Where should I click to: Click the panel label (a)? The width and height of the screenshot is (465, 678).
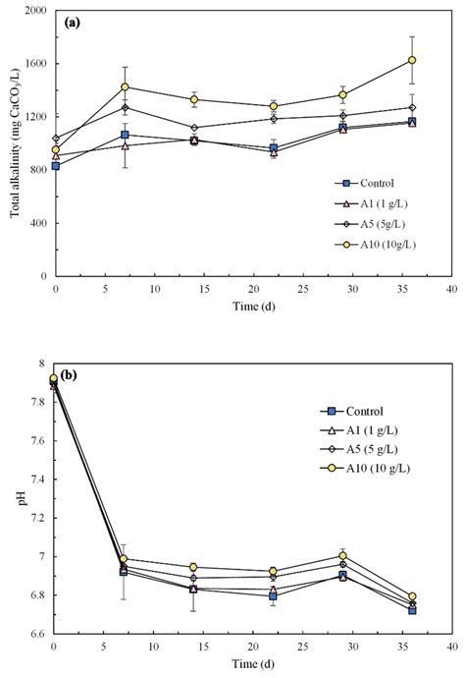coord(73,22)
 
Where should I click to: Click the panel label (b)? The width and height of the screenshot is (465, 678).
coord(71,374)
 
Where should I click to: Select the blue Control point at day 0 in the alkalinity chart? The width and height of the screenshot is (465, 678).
coord(56,165)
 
